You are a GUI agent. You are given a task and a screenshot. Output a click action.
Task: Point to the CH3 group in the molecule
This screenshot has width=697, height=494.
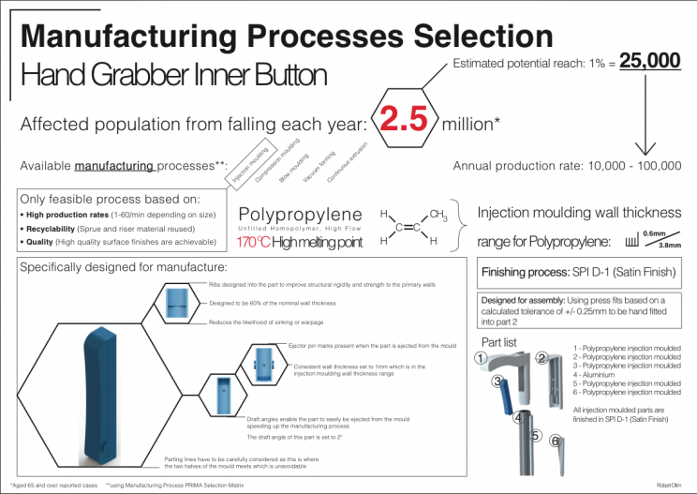(x=438, y=215)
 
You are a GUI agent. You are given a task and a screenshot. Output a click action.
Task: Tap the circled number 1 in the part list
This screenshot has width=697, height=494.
(x=479, y=357)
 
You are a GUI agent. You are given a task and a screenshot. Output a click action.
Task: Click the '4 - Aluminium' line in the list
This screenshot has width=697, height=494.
(x=601, y=375)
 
